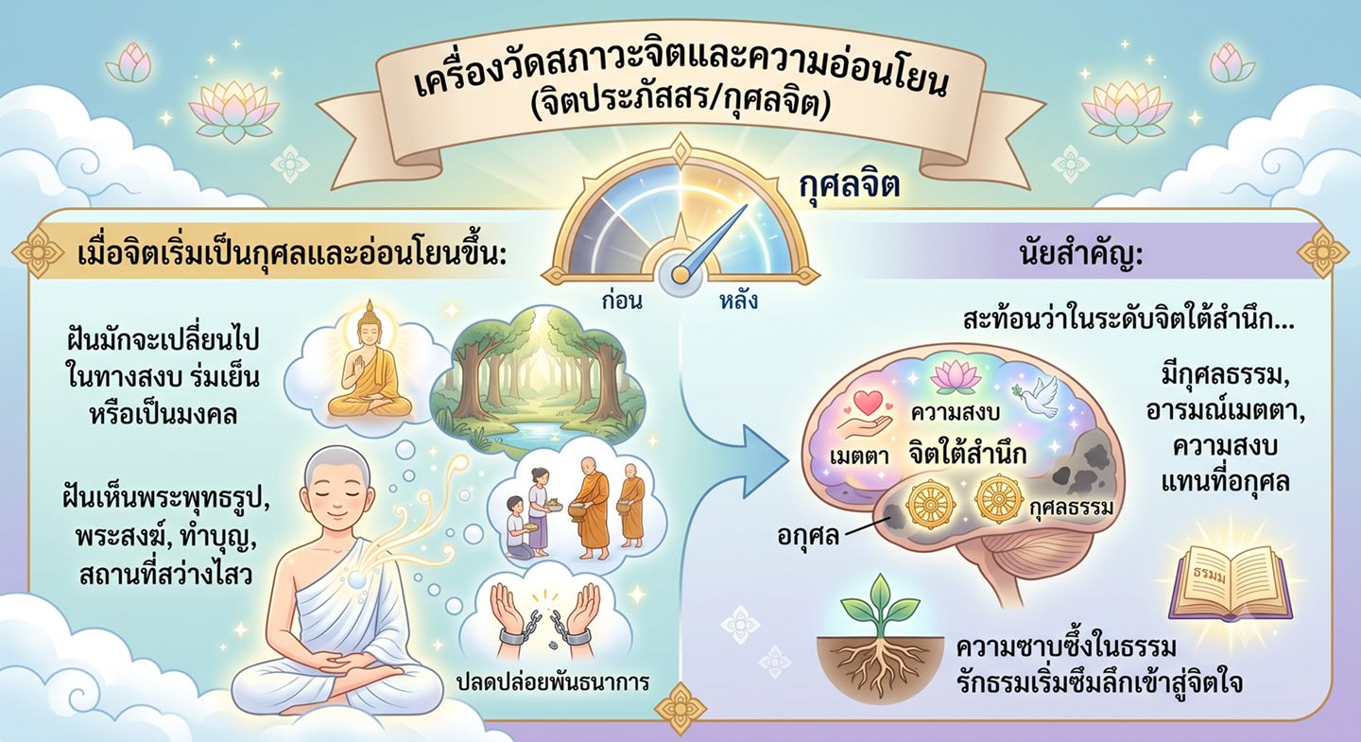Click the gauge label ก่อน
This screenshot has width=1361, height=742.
pos(622,301)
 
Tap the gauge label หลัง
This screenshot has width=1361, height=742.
pos(738,301)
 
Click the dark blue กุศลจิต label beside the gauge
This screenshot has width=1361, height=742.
pos(848,187)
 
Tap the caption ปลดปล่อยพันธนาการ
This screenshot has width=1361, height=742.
pos(552,682)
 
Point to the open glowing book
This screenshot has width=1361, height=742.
pos(1232,581)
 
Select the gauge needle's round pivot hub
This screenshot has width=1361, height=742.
pos(680,275)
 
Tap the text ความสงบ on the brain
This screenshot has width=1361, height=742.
pos(956,413)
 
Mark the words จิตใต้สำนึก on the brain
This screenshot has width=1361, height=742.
pos(967,455)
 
